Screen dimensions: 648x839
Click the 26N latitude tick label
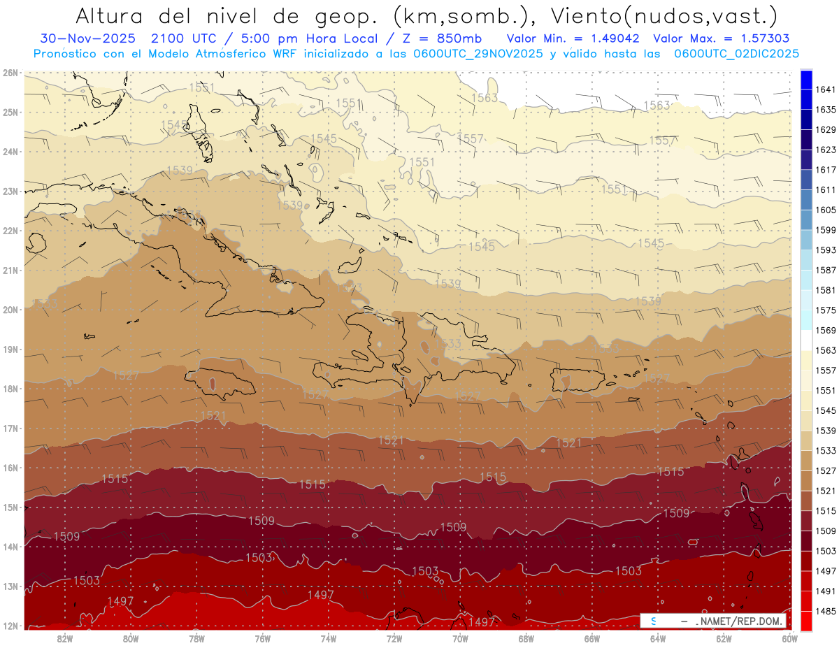click(10, 72)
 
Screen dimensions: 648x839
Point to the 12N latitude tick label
click(10, 626)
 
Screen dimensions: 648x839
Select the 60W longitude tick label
click(790, 638)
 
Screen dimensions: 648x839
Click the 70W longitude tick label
click(460, 638)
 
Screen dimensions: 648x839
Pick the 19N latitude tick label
click(10, 349)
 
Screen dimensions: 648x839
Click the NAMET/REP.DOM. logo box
click(712, 621)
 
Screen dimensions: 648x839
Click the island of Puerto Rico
click(578, 380)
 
